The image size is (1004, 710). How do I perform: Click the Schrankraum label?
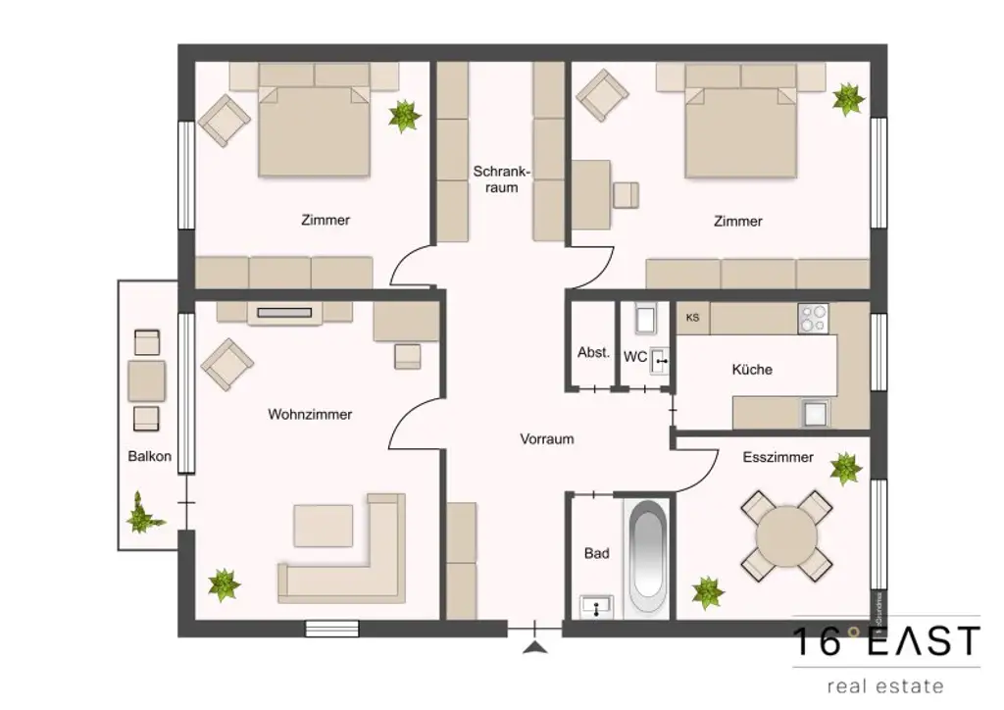(x=501, y=178)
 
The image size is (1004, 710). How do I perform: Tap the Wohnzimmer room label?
(x=310, y=414)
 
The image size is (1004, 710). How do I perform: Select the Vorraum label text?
(x=546, y=438)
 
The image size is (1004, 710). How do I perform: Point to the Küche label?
(x=752, y=370)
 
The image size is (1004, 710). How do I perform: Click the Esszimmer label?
(x=778, y=457)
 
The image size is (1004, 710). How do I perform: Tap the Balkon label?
(x=149, y=456)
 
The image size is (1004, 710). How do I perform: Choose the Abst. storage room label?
(x=593, y=353)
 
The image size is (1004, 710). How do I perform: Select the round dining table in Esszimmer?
(x=786, y=536)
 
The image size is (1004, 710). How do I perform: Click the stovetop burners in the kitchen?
(x=813, y=318)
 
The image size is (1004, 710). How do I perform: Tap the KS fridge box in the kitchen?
(x=693, y=318)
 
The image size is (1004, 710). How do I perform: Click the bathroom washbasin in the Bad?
(x=596, y=608)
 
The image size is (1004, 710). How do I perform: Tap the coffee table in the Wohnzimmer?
(x=324, y=526)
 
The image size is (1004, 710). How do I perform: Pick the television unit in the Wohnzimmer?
(x=284, y=313)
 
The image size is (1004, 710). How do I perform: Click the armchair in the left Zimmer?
(x=226, y=119)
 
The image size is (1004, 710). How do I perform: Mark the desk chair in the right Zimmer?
(x=625, y=195)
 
